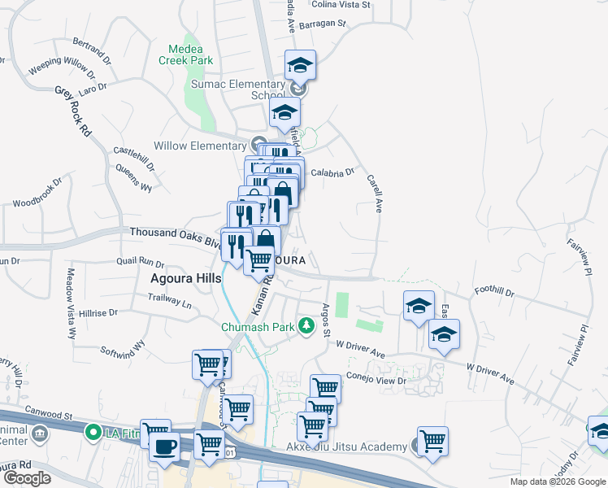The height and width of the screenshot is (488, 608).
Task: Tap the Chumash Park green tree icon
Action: [306, 327]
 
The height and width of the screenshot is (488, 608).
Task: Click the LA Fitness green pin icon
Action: [94, 433]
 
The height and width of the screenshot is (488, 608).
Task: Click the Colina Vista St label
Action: [341, 4]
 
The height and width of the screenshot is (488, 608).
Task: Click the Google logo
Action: [27, 478]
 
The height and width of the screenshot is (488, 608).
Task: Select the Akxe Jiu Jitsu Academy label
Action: [346, 447]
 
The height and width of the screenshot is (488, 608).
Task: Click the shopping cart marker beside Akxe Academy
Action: [432, 441]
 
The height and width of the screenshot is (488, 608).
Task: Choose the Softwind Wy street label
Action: [121, 350]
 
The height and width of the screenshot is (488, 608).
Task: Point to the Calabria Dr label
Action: [333, 172]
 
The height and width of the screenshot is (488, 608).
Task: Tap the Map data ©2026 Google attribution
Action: [558, 481]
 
